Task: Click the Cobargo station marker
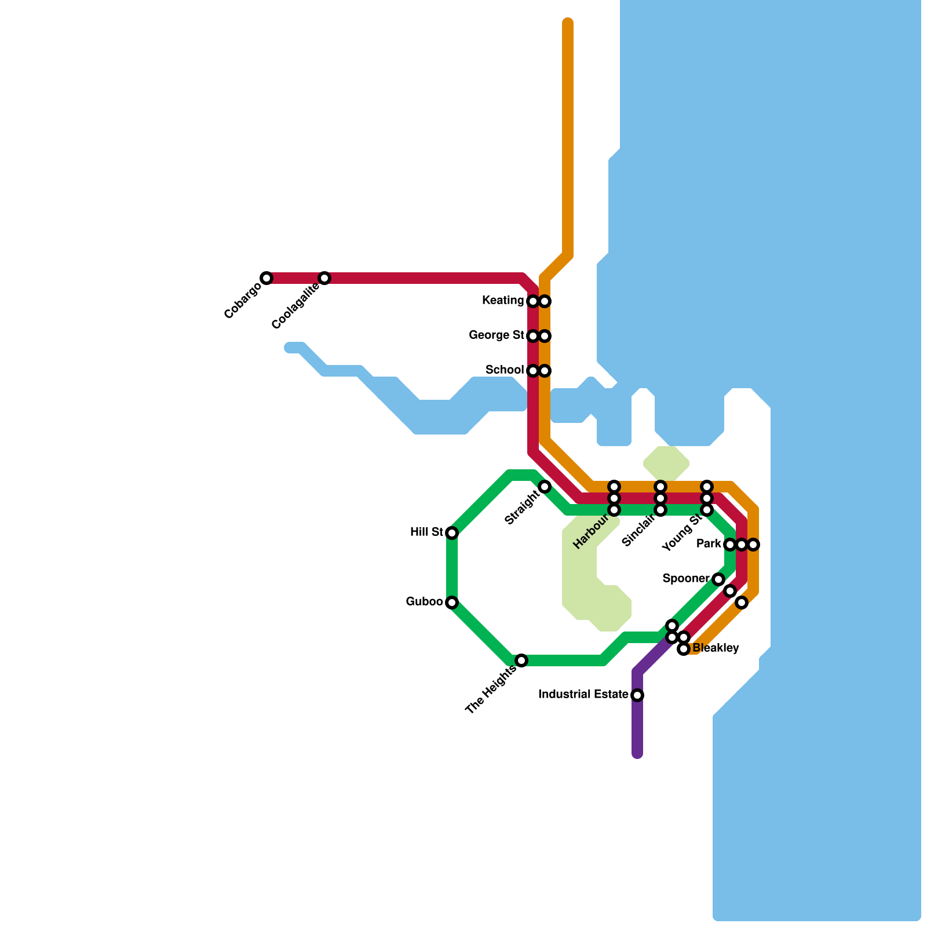tap(267, 278)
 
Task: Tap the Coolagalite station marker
tap(324, 278)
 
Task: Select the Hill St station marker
tap(452, 533)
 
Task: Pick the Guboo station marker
tap(452, 603)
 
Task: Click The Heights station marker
tap(521, 660)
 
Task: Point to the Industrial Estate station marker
tap(637, 695)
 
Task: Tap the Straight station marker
tap(545, 487)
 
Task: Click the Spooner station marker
tap(718, 579)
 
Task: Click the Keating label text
tap(503, 301)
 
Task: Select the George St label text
tap(497, 335)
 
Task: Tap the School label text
tap(505, 370)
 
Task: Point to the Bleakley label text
tap(716, 648)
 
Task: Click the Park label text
tap(709, 544)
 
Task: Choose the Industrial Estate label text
tap(583, 695)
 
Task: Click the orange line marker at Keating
tap(545, 301)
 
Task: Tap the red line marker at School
tap(533, 371)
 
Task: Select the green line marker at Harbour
tap(614, 510)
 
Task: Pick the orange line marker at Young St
tap(707, 486)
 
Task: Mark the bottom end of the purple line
tap(637, 754)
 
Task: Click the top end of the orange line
tap(568, 23)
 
